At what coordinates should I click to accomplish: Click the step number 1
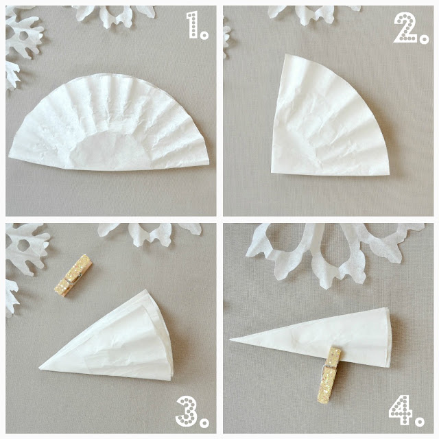point(193,25)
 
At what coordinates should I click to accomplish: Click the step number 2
point(405,28)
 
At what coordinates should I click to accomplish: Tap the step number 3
point(187,412)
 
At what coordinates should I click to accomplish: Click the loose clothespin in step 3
point(73,276)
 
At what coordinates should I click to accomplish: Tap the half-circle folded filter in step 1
point(109,123)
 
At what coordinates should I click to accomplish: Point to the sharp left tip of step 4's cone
point(230,340)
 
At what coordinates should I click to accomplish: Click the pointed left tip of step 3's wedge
point(40,367)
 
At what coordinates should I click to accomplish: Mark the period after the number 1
point(204,35)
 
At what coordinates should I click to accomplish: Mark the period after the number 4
point(420,421)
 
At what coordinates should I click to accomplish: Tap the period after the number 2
point(424,39)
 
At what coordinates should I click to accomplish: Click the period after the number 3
point(204,423)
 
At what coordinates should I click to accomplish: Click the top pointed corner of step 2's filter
point(285,55)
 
